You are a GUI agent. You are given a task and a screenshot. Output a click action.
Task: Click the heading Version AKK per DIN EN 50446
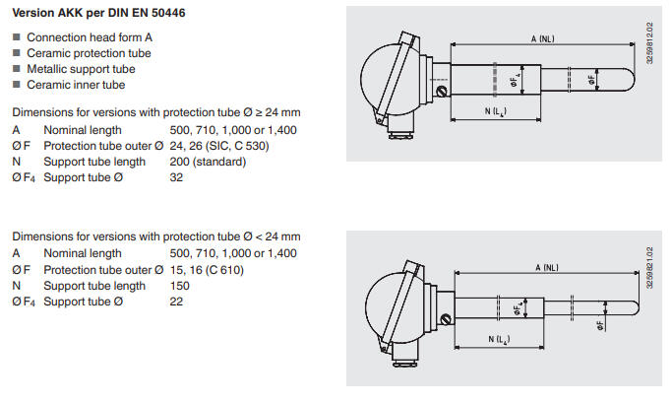point(98,13)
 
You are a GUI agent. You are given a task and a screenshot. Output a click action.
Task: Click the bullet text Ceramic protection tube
point(89,53)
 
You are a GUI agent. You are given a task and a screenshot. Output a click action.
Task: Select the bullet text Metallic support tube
point(81,69)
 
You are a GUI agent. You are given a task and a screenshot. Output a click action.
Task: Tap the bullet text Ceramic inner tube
point(76,85)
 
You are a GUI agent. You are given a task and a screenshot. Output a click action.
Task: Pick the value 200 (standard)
point(208,162)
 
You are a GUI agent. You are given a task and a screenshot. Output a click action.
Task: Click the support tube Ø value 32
point(176,177)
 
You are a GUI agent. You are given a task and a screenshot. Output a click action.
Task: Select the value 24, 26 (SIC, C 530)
point(219,146)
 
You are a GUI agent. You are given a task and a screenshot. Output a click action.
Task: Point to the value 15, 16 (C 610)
point(207,270)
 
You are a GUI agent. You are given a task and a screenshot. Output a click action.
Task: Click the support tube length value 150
point(180,286)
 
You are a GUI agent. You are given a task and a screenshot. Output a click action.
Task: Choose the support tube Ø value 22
point(176,302)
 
